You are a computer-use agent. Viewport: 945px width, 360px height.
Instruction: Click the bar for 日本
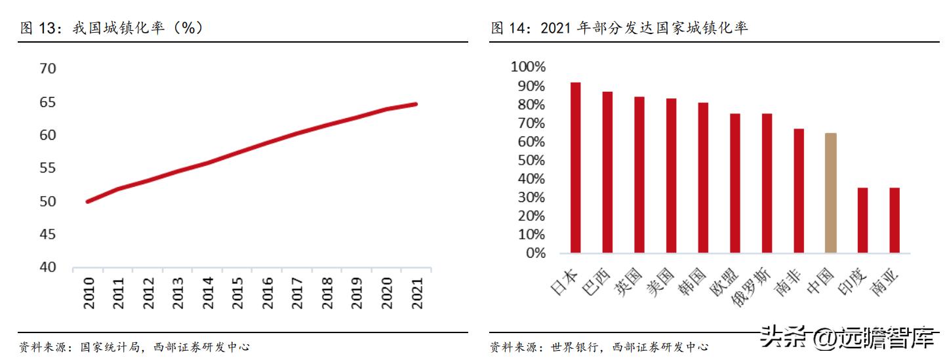(x=575, y=168)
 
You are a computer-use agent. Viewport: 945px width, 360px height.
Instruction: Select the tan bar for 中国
(x=830, y=193)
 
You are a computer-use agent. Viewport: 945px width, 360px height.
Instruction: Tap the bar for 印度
(x=862, y=220)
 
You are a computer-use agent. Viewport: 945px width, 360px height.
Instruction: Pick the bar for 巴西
(x=607, y=172)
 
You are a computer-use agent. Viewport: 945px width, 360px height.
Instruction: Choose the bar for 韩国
(x=703, y=178)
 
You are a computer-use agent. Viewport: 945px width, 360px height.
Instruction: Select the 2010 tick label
(x=89, y=292)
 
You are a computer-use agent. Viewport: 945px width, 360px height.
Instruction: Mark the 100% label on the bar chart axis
(x=528, y=67)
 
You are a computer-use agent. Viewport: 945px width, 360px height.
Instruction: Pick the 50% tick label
(x=531, y=160)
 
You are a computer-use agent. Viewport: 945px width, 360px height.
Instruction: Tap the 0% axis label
(x=534, y=253)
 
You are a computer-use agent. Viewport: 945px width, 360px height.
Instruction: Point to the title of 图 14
(x=619, y=28)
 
